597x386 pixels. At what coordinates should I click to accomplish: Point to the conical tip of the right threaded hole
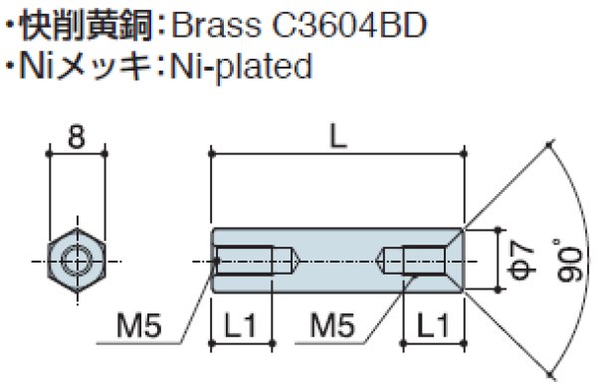(387, 261)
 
